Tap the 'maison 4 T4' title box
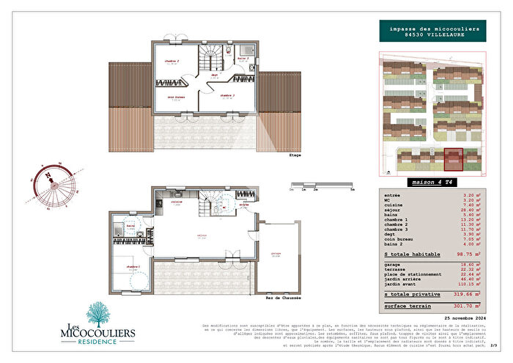(429, 180)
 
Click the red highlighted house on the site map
(453, 159)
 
